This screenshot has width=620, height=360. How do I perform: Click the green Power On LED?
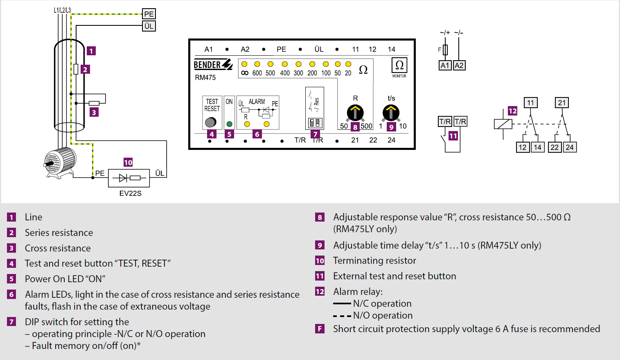[x=229, y=124]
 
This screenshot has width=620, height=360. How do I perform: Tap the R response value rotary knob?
[x=355, y=113]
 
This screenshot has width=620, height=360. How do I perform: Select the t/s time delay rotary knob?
[x=391, y=113]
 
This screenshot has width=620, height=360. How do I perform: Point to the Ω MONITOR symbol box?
[x=399, y=66]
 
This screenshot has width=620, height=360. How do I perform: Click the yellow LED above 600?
[x=257, y=64]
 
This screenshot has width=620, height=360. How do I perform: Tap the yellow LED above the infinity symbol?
[x=244, y=64]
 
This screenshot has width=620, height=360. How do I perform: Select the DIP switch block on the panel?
[x=315, y=123]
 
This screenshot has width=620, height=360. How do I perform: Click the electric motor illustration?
[x=59, y=163]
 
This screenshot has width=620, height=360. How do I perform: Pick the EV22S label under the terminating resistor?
[x=131, y=193]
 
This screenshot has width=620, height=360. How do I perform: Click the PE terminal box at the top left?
[x=149, y=14]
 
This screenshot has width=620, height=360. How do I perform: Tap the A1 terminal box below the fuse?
[x=445, y=66]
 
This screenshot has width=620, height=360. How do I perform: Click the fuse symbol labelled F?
[x=445, y=50]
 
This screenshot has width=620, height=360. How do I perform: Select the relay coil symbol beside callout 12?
[x=503, y=124]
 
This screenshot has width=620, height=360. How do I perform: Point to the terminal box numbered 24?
[x=570, y=147]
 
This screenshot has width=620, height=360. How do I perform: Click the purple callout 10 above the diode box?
[x=128, y=162]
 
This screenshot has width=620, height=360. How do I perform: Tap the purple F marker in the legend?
[x=320, y=329]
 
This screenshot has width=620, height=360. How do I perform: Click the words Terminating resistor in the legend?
[x=374, y=260]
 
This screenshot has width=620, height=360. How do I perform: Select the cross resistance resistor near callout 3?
[x=94, y=103]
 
